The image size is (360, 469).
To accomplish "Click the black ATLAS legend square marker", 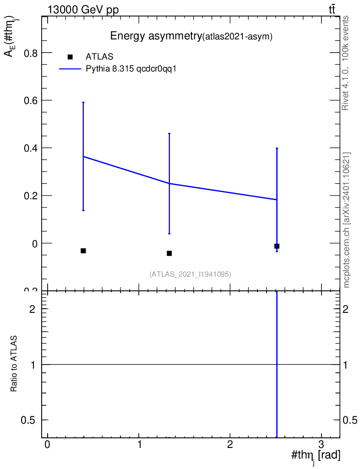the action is [x=70, y=57].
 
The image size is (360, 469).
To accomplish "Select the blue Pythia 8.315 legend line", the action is [x=70, y=69].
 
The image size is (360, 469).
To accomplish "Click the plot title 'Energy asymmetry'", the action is [x=156, y=36].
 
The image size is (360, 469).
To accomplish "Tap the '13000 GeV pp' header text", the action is [x=83, y=10].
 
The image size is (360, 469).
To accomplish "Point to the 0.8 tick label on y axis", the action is [x=31, y=53].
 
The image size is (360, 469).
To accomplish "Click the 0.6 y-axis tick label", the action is [x=31, y=100].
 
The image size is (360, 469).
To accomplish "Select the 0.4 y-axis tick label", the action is [x=31, y=148].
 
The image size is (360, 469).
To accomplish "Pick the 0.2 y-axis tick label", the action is [x=31, y=196].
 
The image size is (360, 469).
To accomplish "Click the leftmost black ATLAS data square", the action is [x=83, y=251].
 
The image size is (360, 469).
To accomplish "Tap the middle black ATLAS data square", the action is [x=169, y=253].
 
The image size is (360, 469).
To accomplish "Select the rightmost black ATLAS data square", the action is [x=277, y=246].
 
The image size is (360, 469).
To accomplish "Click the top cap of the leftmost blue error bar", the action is [x=83, y=102].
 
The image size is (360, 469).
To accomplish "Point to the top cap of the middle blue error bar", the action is [x=169, y=133].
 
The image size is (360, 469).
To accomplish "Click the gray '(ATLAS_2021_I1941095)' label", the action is [x=190, y=274].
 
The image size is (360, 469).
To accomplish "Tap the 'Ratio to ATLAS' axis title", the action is [x=14, y=364].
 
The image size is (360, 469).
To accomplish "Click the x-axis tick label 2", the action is [x=230, y=444].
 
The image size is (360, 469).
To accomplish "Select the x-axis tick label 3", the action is [x=322, y=444].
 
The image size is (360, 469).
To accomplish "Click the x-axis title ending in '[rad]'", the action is [x=316, y=456].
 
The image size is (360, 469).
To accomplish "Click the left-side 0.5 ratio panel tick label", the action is [x=28, y=420].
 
